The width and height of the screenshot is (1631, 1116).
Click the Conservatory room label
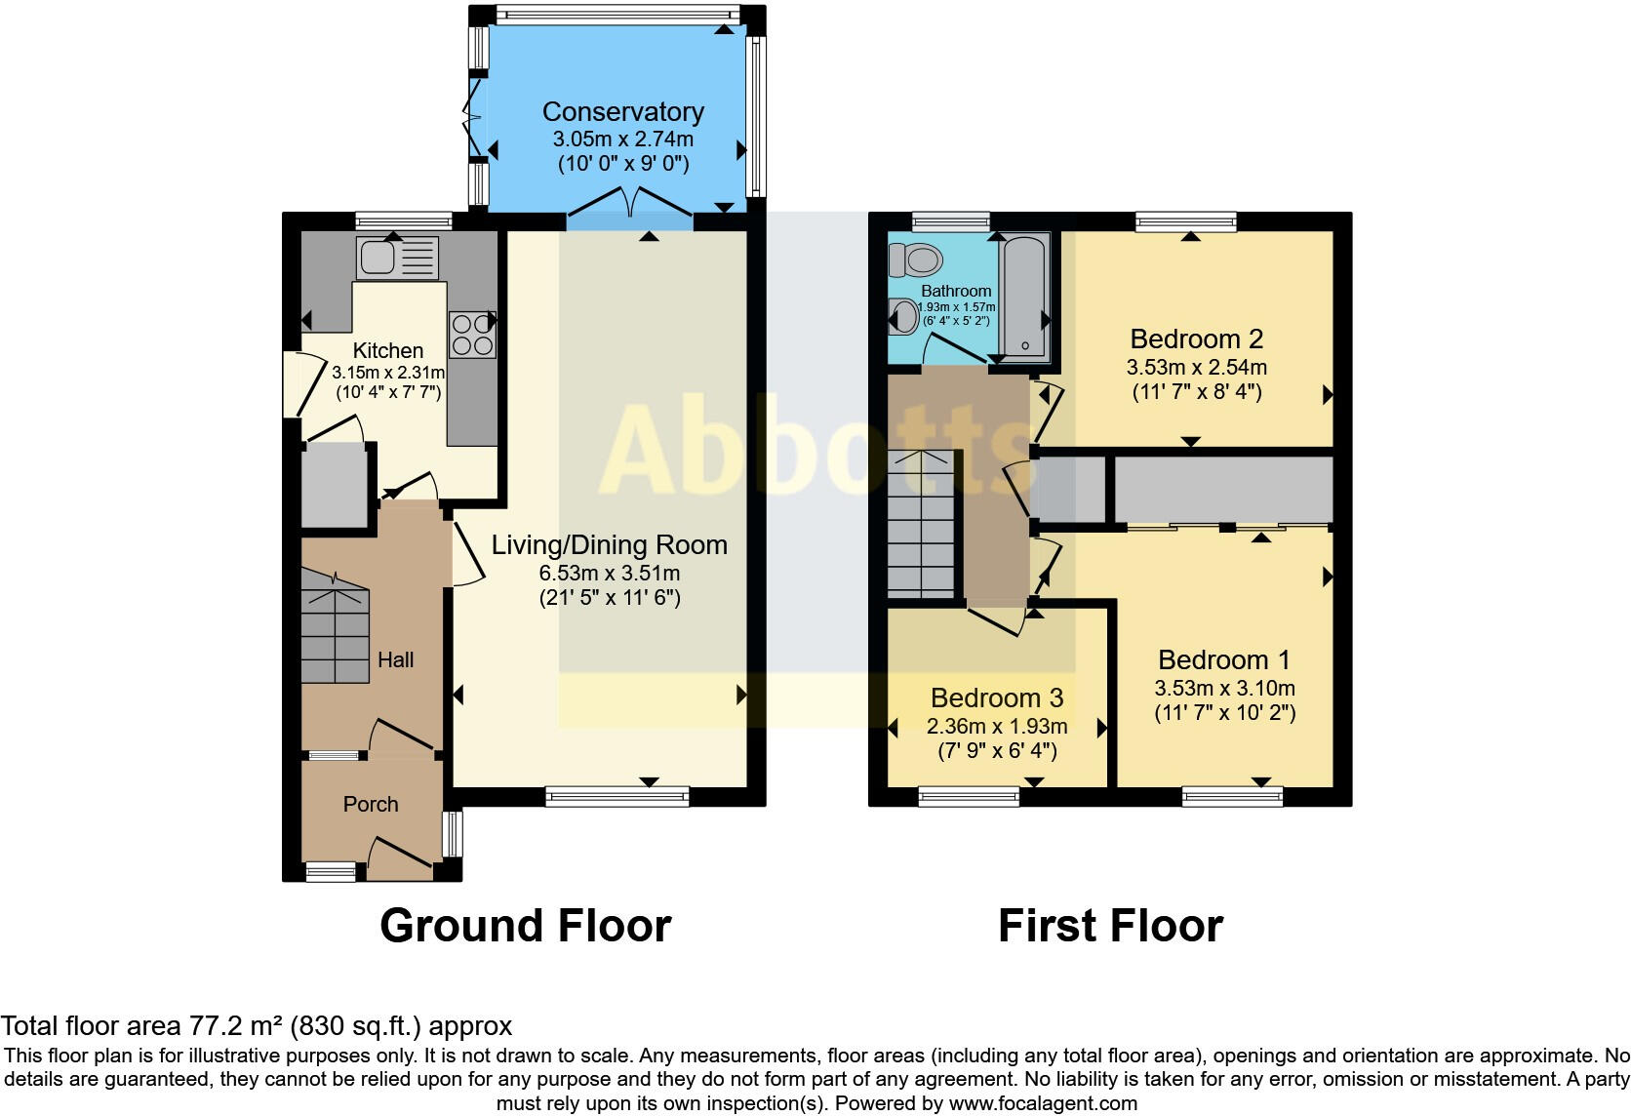(622, 112)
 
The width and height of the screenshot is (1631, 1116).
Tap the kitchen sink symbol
(398, 258)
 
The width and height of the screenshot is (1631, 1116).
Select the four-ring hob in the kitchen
(472, 334)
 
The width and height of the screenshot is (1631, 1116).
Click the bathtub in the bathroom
(1023, 297)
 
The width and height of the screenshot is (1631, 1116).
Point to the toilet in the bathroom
(915, 259)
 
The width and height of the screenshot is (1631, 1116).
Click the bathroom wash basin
(904, 315)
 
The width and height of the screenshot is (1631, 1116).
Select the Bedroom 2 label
(1196, 339)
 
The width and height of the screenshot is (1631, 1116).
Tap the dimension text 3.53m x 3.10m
(1224, 687)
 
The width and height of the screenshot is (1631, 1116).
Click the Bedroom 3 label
(996, 697)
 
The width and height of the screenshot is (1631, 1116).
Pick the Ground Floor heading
(525, 925)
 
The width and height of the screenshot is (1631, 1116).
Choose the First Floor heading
(1110, 925)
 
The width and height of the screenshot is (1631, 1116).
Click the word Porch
(371, 804)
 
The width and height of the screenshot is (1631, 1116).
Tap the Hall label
(395, 659)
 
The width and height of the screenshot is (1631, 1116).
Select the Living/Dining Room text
(609, 544)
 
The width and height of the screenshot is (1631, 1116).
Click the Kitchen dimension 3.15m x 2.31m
(388, 372)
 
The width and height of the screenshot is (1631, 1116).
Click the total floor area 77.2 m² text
(256, 1025)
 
